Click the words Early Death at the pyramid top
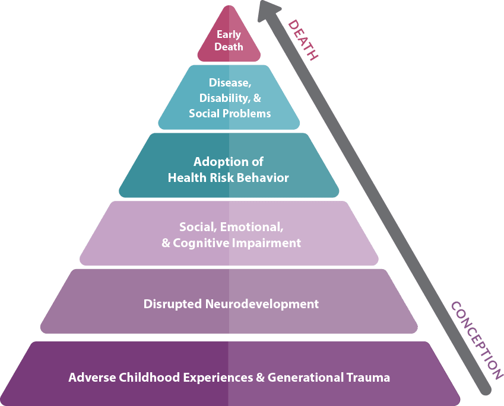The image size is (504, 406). click(x=229, y=40)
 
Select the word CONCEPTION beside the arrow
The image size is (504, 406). click(x=473, y=336)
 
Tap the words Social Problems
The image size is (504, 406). click(x=230, y=113)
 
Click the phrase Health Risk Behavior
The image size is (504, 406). click(x=229, y=177)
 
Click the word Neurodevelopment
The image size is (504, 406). click(x=262, y=304)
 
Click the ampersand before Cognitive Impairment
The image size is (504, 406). click(x=166, y=243)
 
